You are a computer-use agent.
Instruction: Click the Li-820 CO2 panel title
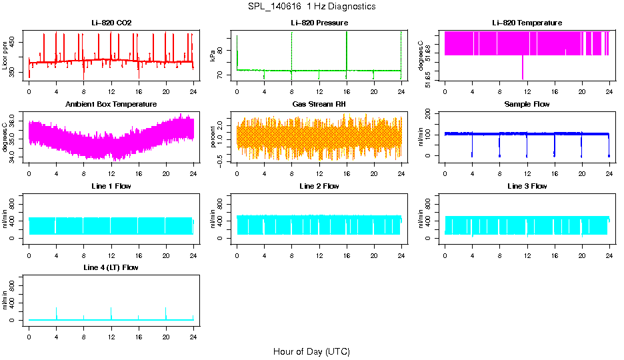point(111,23)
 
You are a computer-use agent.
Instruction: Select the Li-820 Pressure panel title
point(319,23)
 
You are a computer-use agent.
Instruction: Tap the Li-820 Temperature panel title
point(527,23)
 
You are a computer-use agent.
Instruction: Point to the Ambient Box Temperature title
point(111,104)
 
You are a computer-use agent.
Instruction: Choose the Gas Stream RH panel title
point(319,104)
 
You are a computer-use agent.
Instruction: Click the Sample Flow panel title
point(527,104)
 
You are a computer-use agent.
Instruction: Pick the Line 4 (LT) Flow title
point(111,267)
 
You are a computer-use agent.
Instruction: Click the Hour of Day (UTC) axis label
point(311,351)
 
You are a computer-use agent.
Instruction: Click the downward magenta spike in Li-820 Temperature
point(523,68)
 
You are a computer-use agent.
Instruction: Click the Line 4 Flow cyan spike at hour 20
point(166,312)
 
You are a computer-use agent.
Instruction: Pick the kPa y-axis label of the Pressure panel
point(213,56)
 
